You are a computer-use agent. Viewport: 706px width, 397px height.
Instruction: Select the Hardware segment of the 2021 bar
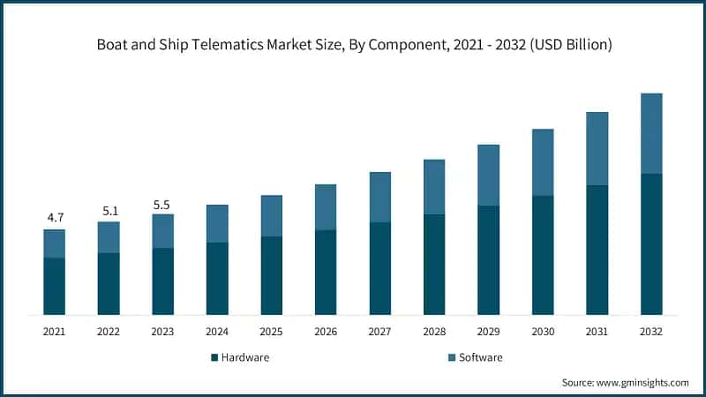(55, 286)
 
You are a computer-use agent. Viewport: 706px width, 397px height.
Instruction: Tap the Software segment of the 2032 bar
(651, 133)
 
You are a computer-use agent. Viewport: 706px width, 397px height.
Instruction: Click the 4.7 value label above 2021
(55, 217)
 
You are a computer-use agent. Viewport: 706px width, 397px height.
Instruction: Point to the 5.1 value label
(109, 211)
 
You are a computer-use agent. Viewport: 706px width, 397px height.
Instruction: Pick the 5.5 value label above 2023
(162, 204)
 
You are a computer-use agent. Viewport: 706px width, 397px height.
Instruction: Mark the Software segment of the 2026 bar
(326, 207)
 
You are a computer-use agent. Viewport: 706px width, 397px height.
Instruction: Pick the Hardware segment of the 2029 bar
(489, 260)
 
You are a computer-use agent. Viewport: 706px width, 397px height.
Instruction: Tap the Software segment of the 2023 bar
(162, 231)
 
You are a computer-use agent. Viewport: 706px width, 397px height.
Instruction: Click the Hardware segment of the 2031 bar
(597, 250)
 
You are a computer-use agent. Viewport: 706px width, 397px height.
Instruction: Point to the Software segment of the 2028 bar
(434, 187)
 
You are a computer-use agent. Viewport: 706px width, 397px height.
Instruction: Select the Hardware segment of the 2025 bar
(272, 275)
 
